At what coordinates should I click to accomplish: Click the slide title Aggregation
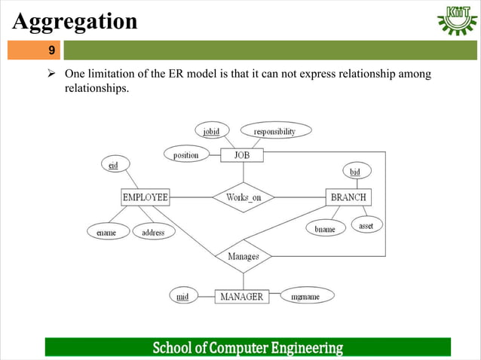[75, 21]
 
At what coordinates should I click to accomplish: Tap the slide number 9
[51, 50]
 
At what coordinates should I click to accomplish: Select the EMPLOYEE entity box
[146, 197]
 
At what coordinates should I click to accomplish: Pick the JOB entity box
[242, 155]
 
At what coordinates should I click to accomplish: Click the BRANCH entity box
[348, 197]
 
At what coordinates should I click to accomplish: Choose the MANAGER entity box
[241, 297]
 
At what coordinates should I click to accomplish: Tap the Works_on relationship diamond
[244, 197]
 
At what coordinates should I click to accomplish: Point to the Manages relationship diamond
[244, 256]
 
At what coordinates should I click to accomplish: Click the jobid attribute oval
[212, 131]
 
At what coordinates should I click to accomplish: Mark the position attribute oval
[186, 155]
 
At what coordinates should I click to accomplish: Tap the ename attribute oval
[106, 233]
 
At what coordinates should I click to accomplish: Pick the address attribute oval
[153, 233]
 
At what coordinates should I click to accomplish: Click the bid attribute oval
[355, 172]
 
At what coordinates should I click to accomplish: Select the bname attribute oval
[325, 228]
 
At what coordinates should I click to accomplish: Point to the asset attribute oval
[366, 225]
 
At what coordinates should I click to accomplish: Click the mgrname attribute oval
[305, 297]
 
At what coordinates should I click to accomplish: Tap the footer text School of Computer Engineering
[248, 348]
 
